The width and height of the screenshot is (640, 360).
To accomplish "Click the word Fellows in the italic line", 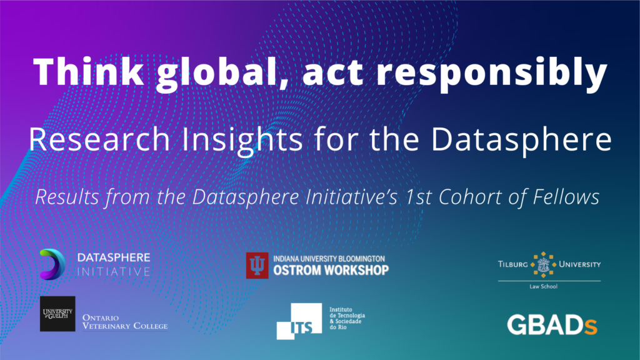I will click(x=569, y=197).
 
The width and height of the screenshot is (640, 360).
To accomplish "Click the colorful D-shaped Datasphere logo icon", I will click(x=53, y=263).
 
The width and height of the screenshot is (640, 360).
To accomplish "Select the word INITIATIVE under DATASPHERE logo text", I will click(x=113, y=272).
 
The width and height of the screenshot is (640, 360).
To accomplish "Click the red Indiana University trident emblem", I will click(x=257, y=265).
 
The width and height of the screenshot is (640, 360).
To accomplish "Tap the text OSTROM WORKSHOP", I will click(x=331, y=270).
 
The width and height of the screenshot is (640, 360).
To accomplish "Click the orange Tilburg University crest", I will click(x=541, y=264).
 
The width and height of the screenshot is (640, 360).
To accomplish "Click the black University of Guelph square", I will click(x=57, y=314).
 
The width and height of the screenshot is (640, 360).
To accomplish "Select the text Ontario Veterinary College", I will click(x=124, y=321).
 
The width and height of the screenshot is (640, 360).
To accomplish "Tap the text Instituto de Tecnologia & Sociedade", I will click(x=347, y=319).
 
